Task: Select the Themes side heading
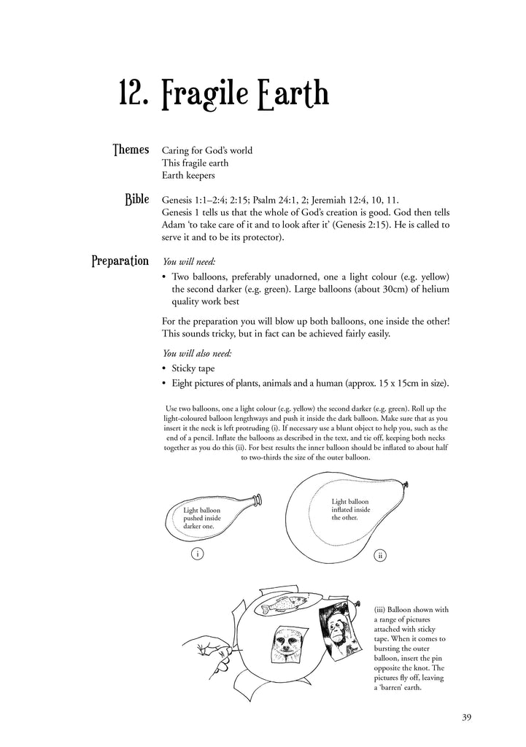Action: coord(131,150)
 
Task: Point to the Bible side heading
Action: coord(137,199)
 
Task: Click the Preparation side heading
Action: coord(120,261)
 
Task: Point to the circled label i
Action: coord(197,554)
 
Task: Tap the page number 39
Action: coord(467,717)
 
